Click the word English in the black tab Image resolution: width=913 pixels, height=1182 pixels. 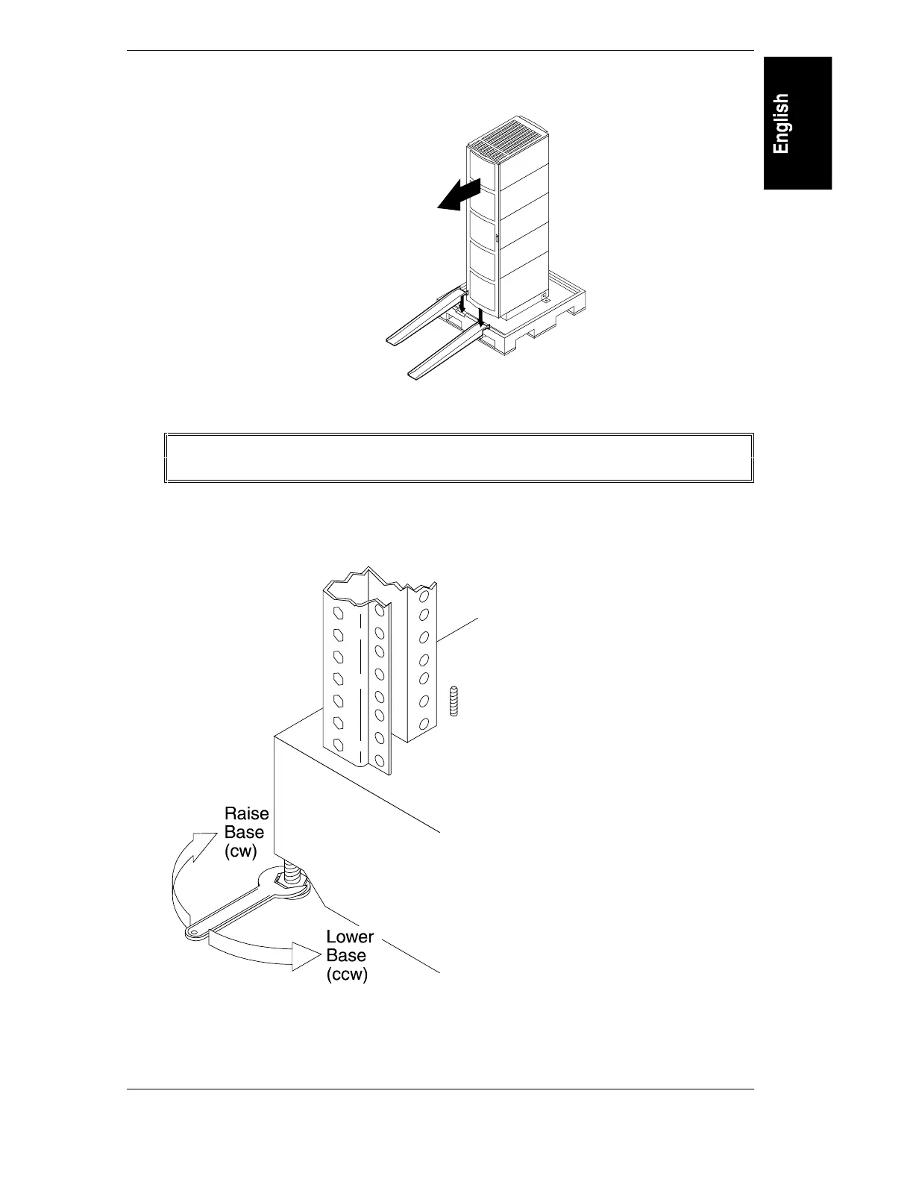click(x=781, y=124)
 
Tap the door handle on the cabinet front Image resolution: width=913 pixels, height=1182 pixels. click(x=496, y=239)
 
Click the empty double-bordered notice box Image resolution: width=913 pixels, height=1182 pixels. click(x=459, y=457)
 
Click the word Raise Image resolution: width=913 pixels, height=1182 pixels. click(x=246, y=813)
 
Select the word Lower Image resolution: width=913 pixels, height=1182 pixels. click(x=349, y=936)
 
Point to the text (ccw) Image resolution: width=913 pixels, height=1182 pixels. click(x=347, y=975)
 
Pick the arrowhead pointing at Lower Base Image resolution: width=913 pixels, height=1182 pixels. click(x=306, y=956)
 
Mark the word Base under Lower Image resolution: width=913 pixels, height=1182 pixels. click(x=346, y=955)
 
